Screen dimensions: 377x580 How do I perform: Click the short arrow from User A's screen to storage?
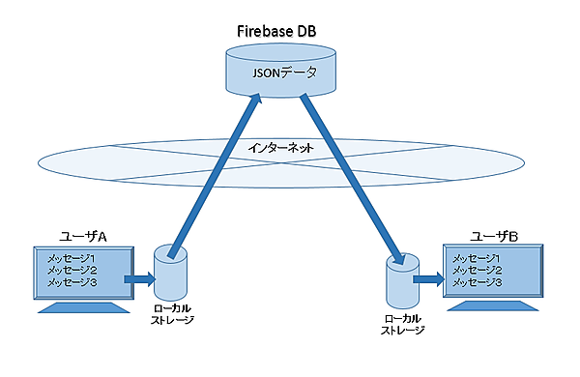[x=137, y=279]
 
